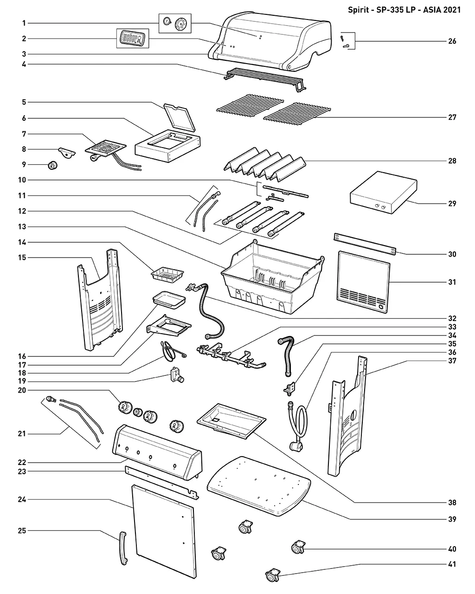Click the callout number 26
point(452,41)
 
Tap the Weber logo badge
point(133,39)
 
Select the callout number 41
point(452,564)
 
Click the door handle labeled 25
point(123,548)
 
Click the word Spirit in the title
point(358,10)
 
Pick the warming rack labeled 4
point(265,80)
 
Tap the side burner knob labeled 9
point(52,165)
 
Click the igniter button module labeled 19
point(177,375)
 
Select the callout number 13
point(22,226)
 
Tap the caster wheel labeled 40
point(298,547)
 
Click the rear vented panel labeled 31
point(363,282)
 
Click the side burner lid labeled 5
point(179,117)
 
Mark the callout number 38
point(452,503)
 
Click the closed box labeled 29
point(383,193)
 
